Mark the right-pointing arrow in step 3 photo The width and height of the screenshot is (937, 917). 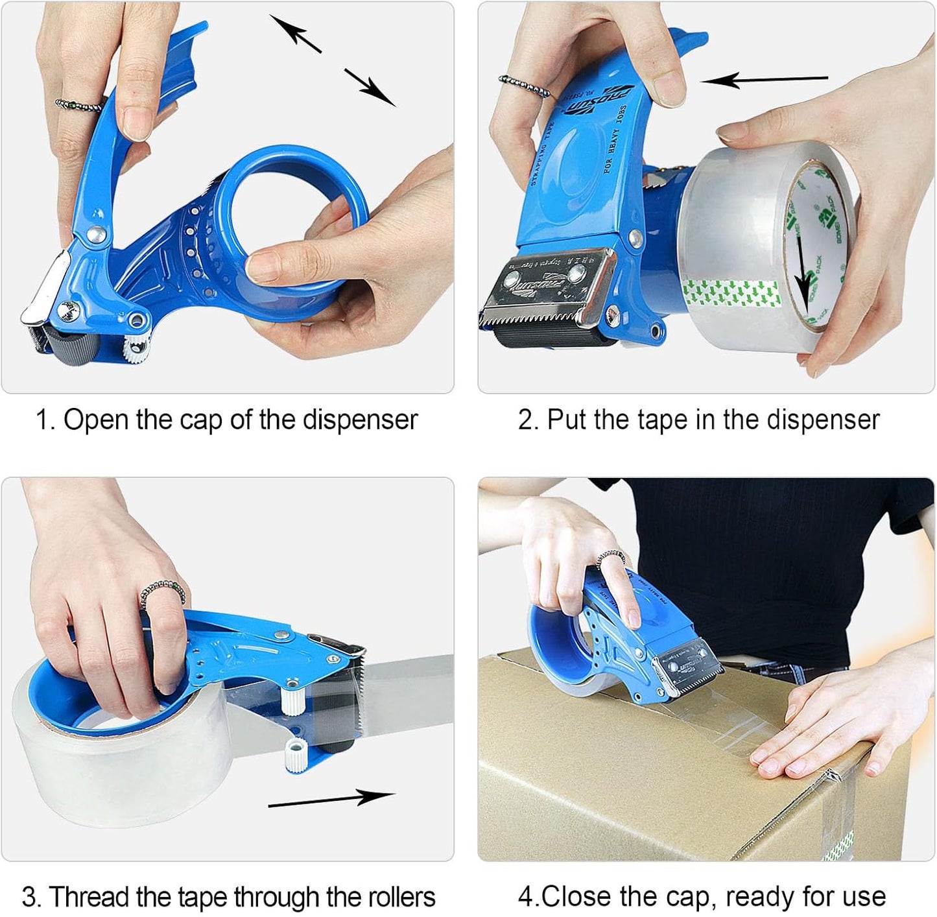tap(331, 799)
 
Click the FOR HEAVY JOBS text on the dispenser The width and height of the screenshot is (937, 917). tap(615, 139)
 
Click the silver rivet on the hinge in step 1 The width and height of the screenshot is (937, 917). tap(97, 235)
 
